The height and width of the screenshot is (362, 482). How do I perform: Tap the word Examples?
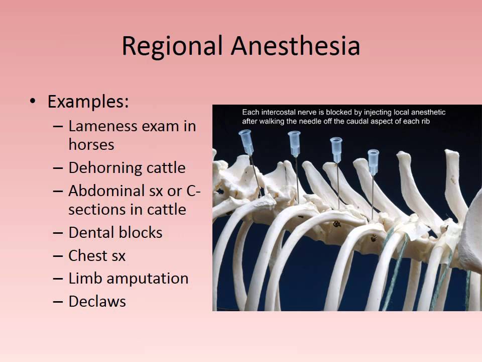click(88, 102)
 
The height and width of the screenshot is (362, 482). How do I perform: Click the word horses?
click(91, 145)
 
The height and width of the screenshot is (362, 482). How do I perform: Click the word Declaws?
click(97, 302)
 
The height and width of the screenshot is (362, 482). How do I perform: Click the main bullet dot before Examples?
click(33, 102)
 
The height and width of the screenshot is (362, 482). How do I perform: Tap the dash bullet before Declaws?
click(58, 302)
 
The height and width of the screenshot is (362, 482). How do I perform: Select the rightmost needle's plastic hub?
click(373, 161)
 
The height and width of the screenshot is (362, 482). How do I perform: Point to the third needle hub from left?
click(336, 149)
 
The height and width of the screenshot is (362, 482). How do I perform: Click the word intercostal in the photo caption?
click(281, 112)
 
